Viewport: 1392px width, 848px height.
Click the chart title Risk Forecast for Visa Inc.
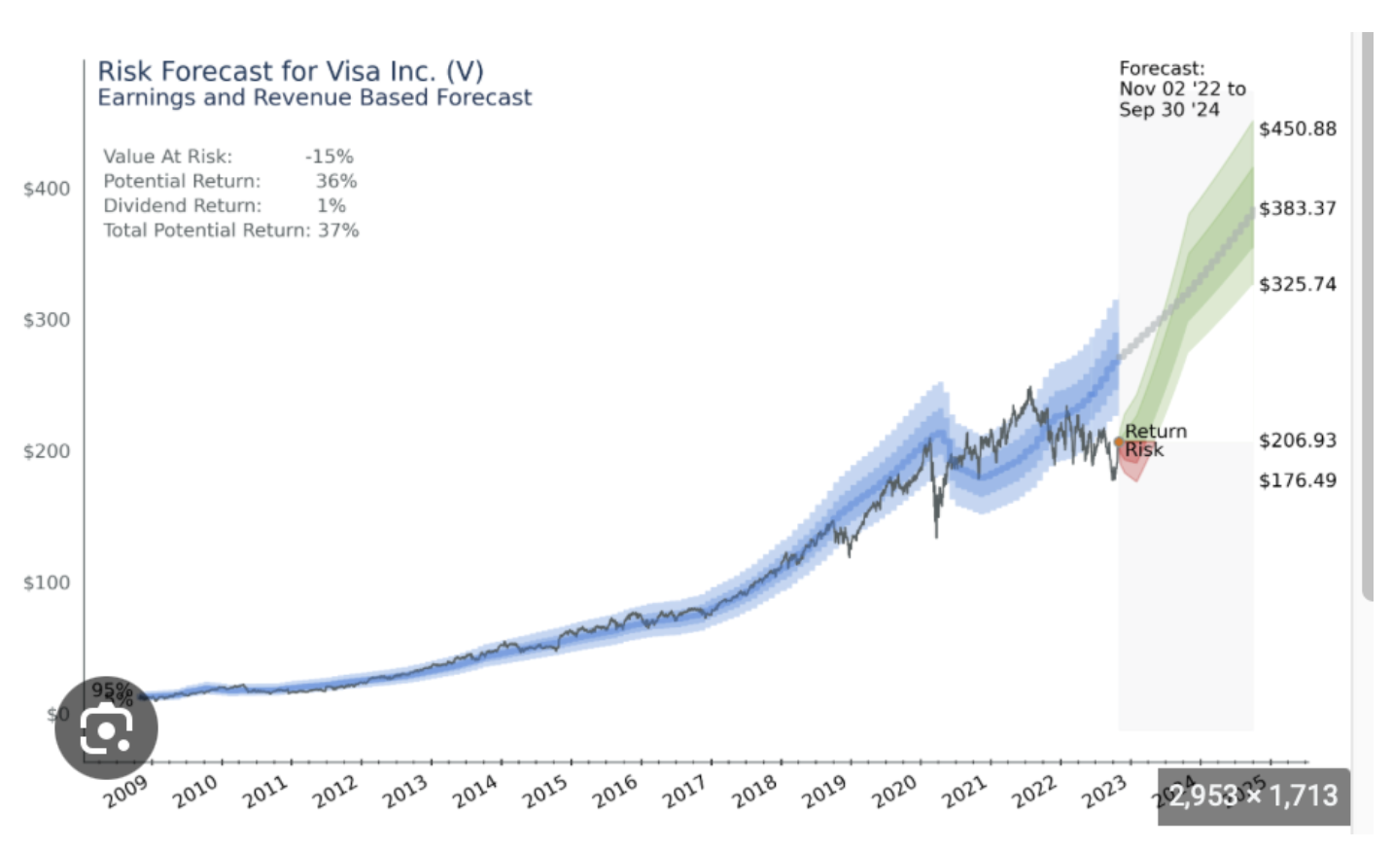(290, 71)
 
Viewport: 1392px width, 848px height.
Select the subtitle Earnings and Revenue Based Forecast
(314, 97)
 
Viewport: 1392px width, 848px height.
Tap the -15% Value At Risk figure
(329, 157)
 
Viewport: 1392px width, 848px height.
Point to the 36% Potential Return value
(336, 181)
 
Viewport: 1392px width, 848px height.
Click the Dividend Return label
(183, 205)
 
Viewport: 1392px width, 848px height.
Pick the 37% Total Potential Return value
(338, 230)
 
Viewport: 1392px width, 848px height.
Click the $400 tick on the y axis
(47, 189)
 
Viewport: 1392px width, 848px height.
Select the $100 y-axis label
(47, 583)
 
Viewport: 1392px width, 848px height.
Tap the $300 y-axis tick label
(47, 320)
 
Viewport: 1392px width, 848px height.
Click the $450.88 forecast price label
(1297, 129)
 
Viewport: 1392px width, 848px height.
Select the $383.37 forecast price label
(1297, 208)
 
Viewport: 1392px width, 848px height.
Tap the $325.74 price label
(1297, 284)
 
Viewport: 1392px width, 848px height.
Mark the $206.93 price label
(1297, 441)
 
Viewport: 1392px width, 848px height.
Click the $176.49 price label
(1297, 480)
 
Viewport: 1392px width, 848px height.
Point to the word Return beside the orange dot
(1156, 431)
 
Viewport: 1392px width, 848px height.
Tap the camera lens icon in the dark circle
(106, 728)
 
